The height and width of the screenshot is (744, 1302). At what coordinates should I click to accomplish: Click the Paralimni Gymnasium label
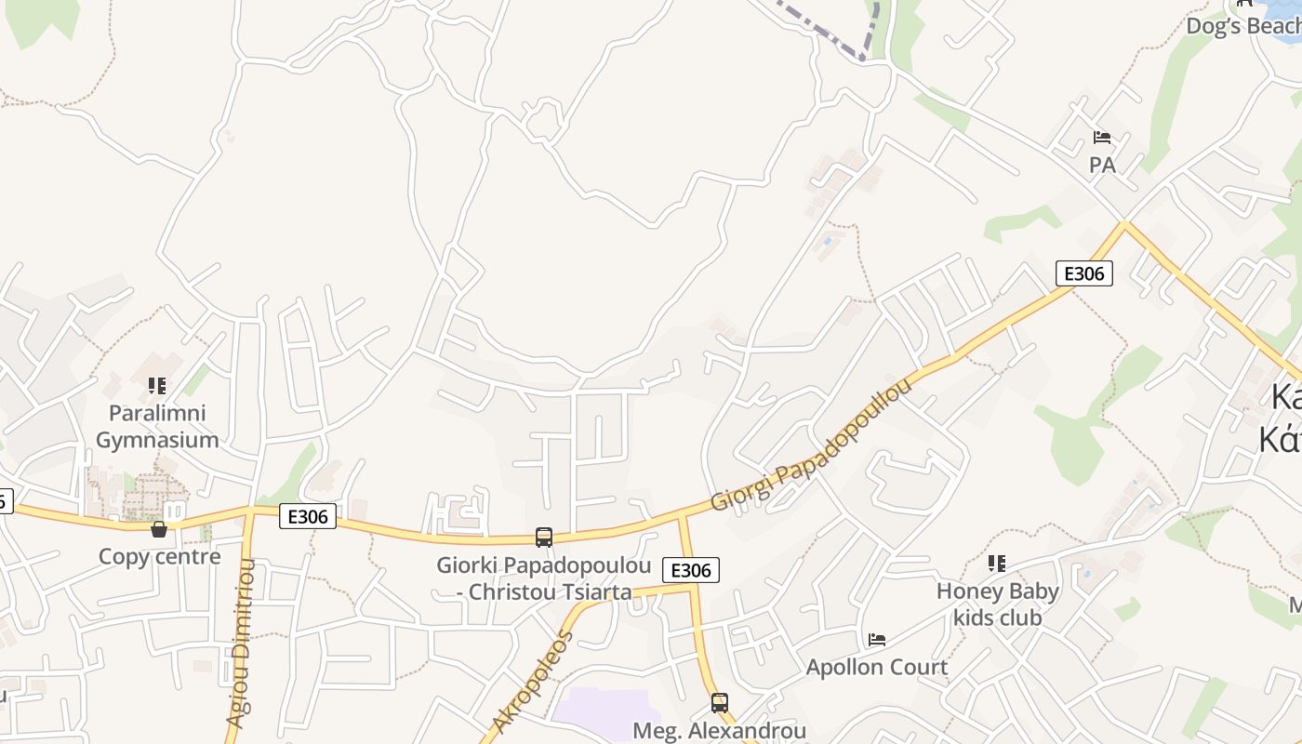[157, 426]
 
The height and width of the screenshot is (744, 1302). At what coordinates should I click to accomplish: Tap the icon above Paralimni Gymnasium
[157, 385]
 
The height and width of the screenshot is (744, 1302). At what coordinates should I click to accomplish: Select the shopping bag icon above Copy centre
[159, 529]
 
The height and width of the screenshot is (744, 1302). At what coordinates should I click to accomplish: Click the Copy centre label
[159, 557]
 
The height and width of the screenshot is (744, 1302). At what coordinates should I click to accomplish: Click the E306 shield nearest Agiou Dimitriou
[308, 516]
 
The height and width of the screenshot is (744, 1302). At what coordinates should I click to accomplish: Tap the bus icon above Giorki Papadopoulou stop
[544, 537]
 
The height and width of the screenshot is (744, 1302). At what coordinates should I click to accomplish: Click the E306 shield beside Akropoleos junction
[691, 570]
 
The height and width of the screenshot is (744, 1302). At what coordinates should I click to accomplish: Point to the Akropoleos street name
[534, 682]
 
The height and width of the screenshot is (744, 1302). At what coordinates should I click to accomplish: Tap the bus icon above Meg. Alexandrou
[719, 702]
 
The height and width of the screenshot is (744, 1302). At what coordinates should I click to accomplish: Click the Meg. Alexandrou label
[719, 731]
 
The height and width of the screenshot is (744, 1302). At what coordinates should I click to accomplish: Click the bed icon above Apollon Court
[876, 640]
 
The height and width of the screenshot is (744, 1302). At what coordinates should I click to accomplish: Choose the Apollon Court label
[876, 667]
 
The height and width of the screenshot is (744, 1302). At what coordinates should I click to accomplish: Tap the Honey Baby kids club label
[997, 604]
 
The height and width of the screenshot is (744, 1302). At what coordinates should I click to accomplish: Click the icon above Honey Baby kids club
[997, 563]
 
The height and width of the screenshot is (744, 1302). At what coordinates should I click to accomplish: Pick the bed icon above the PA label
[1102, 138]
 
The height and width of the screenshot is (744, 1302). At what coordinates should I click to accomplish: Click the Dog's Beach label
[1243, 25]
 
